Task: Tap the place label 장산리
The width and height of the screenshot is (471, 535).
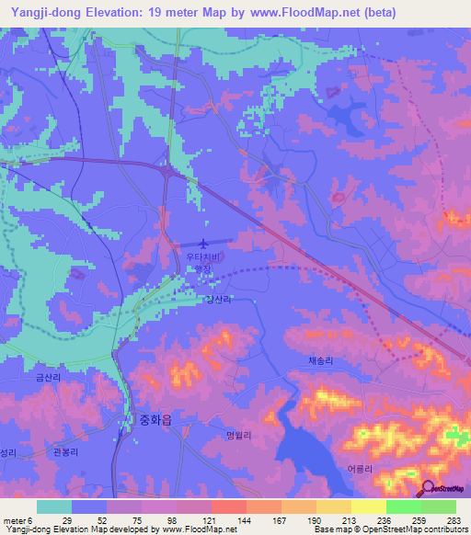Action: pos(217,300)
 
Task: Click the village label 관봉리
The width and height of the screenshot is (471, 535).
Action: pos(67,453)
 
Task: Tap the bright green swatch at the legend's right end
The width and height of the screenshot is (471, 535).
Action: pos(439,507)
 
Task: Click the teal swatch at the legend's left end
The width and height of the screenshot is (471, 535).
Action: pos(54,507)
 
